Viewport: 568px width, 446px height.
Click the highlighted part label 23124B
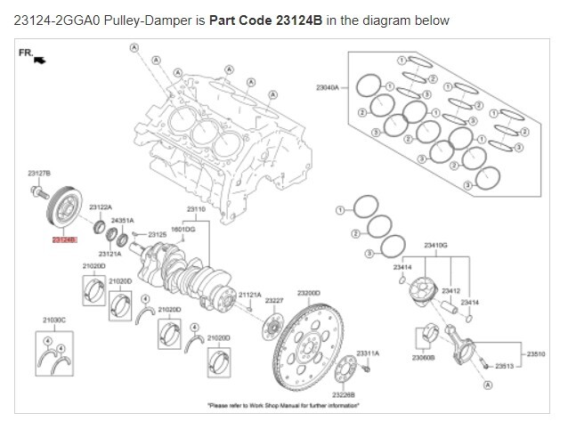64,240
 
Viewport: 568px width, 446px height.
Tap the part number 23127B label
39,171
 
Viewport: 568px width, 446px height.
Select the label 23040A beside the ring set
328,87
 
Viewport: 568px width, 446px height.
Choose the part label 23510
536,353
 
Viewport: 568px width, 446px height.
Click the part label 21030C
54,318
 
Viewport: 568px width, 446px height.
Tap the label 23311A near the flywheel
368,353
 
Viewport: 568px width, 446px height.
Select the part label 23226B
344,393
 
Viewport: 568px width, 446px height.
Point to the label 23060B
423,358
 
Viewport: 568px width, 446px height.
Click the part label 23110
196,209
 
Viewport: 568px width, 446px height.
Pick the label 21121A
249,294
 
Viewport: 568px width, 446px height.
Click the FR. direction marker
31,55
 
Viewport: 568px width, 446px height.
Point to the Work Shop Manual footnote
284,406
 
